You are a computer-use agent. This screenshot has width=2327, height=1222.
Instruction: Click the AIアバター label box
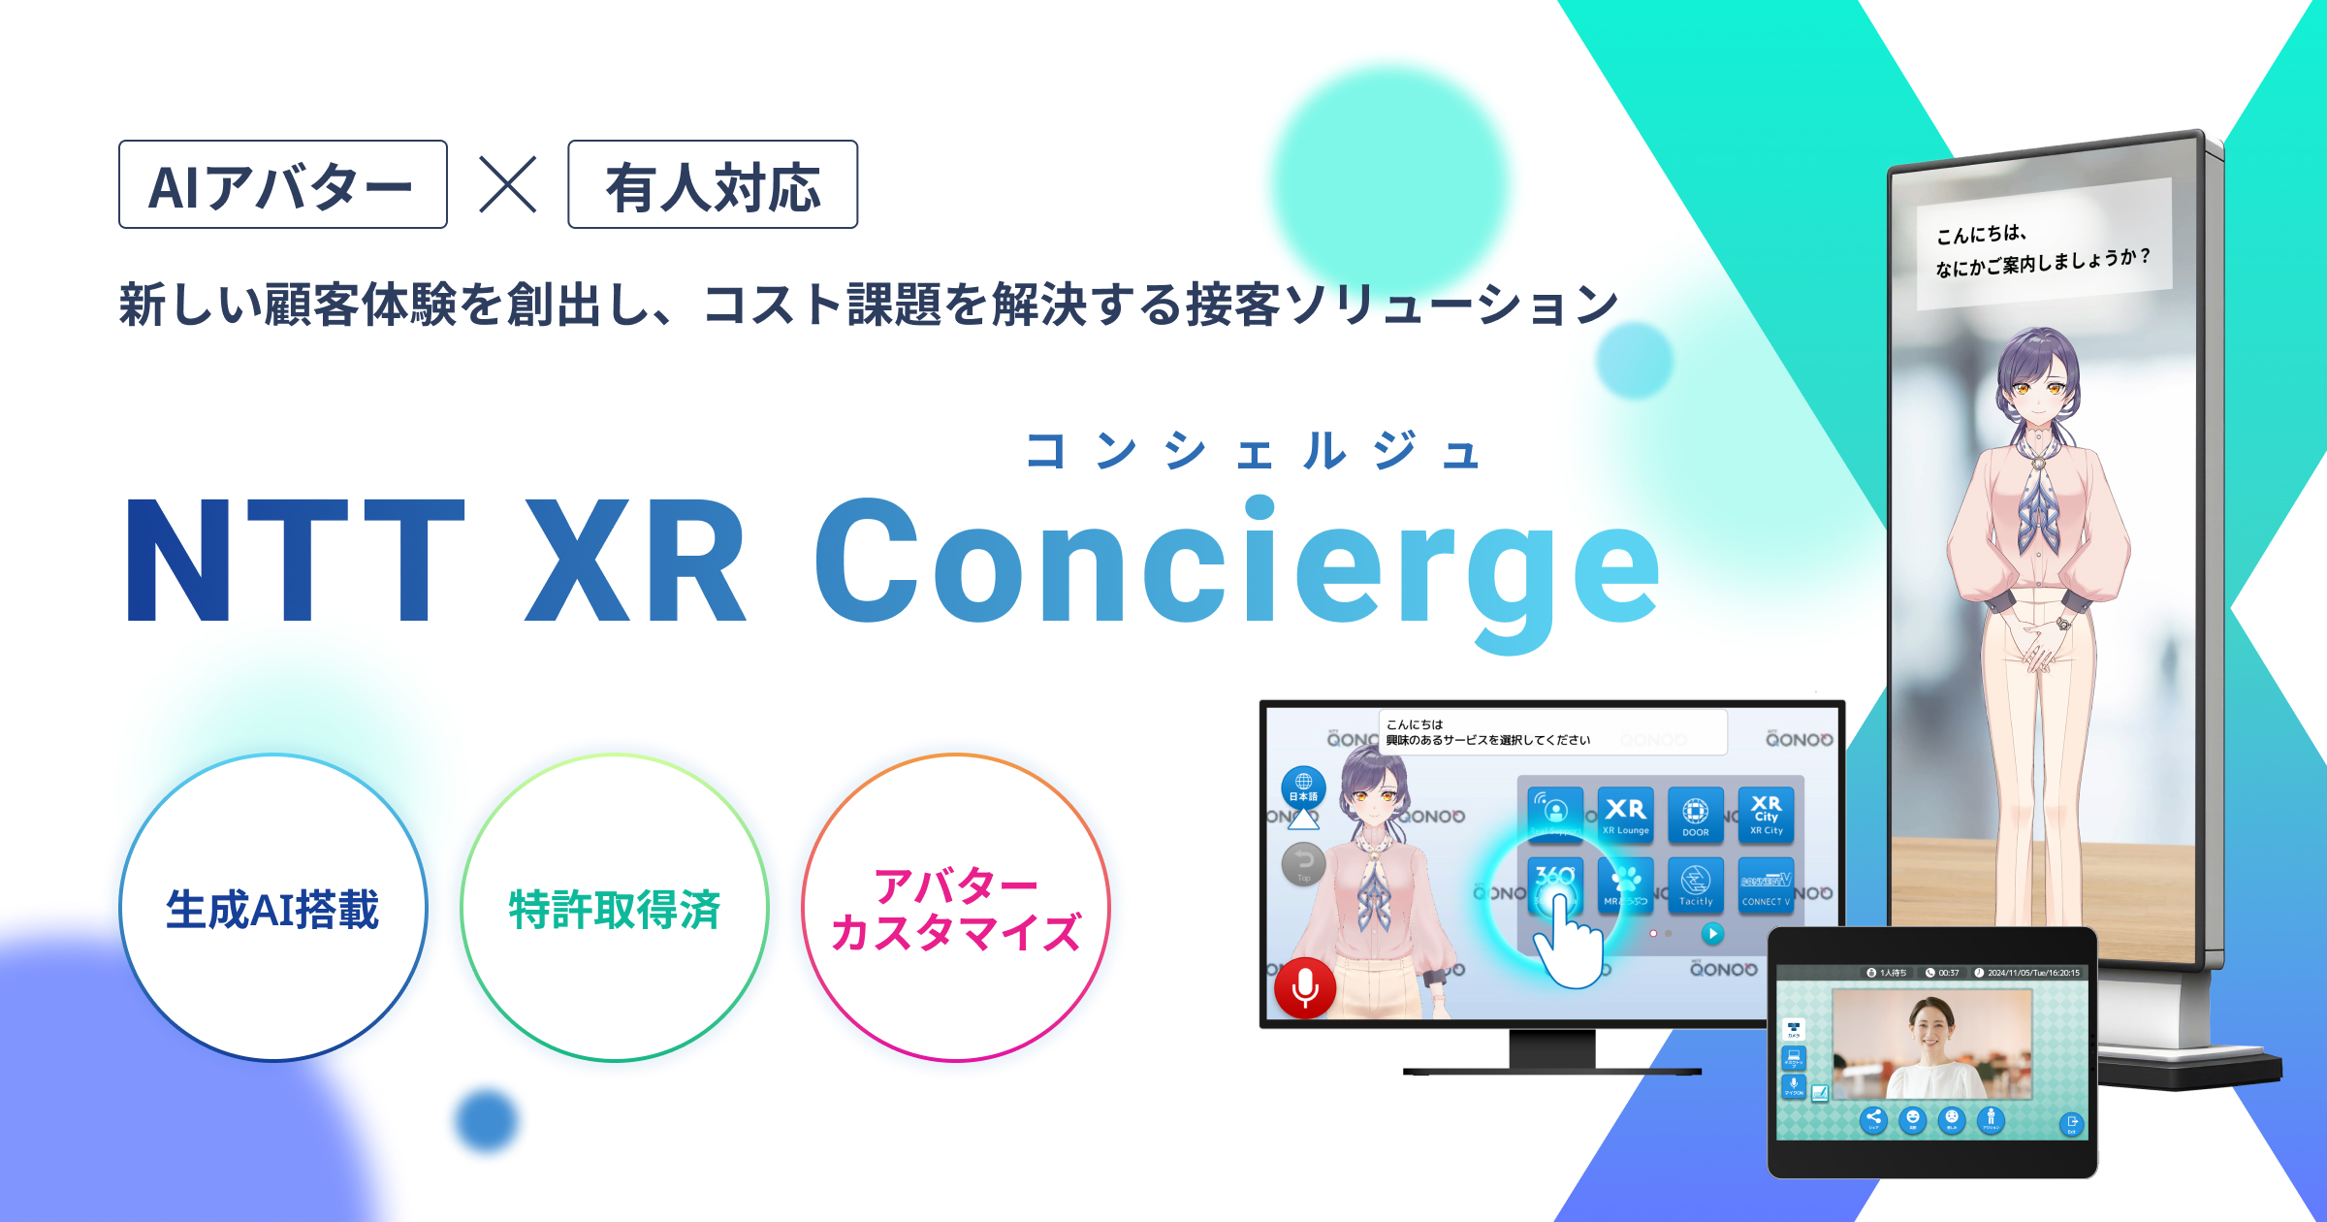coord(282,184)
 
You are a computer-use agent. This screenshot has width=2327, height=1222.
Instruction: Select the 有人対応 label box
coord(713,184)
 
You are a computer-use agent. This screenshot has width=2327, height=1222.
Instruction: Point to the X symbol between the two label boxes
coord(507,184)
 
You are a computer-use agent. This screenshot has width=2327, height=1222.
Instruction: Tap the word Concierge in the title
coord(1236,567)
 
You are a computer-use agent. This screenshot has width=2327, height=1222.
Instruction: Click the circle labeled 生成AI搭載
coord(272,908)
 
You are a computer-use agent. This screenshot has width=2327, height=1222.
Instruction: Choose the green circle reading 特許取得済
coord(614,908)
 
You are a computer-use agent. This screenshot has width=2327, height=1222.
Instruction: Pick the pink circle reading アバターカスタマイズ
coord(955,908)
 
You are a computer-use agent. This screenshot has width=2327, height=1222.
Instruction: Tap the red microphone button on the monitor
coord(1305,988)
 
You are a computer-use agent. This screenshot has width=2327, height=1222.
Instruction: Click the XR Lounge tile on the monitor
coord(1625,815)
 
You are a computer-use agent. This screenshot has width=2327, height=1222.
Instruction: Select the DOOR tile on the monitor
coord(1695,815)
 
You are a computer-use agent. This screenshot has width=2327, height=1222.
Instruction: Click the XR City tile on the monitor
coord(1766,815)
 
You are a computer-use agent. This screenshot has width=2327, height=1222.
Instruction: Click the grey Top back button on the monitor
coord(1304,862)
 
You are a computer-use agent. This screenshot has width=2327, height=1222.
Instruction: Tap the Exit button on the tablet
coord(2071,1124)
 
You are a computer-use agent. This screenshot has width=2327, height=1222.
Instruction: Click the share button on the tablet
coord(1873,1118)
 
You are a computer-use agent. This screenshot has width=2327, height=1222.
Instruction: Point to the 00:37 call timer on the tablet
coord(1943,972)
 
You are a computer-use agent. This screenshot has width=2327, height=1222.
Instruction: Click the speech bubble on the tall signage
coord(2044,246)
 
